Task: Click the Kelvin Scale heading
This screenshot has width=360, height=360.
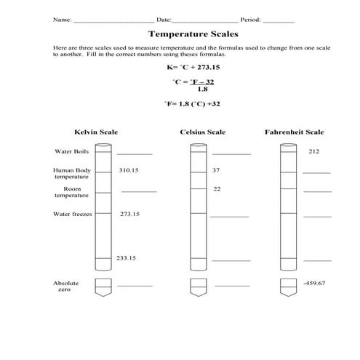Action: [96, 132]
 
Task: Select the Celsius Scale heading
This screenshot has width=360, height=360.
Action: [202, 132]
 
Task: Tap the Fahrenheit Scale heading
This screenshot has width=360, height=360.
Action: [295, 132]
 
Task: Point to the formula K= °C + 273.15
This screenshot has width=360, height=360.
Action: [193, 67]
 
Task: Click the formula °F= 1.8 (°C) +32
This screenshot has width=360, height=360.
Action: [193, 104]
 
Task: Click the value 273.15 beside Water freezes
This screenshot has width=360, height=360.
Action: [129, 214]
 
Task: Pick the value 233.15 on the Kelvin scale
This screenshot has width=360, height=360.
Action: [127, 258]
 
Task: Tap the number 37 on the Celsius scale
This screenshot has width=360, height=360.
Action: [216, 169]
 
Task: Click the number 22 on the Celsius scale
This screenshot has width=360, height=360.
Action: [217, 189]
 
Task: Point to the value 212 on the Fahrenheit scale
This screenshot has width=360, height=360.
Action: [314, 151]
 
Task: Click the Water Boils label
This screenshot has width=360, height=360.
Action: [71, 151]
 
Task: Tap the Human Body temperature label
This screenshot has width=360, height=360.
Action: [71, 173]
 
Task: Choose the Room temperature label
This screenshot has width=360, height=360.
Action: [72, 192]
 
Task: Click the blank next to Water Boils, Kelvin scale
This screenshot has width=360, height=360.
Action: [135, 153]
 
